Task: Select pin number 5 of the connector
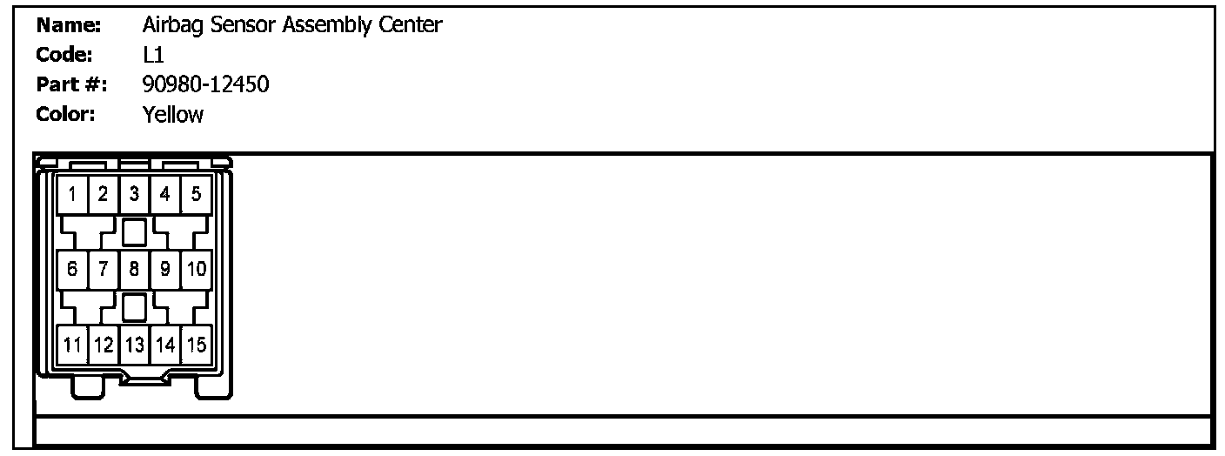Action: (x=196, y=194)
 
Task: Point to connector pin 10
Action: (x=196, y=269)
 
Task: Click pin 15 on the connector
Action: (x=196, y=345)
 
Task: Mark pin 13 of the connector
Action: (x=134, y=345)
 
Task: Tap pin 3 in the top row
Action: (x=134, y=194)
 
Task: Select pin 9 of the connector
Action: (x=165, y=269)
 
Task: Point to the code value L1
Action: (x=153, y=55)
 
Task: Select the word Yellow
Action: (x=173, y=114)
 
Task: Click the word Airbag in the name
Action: (x=169, y=25)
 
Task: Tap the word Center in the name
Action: (x=410, y=25)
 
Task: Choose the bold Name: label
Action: (x=69, y=25)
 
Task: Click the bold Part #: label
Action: (x=71, y=84)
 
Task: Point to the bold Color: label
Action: (x=66, y=114)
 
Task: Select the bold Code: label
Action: (x=64, y=55)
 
